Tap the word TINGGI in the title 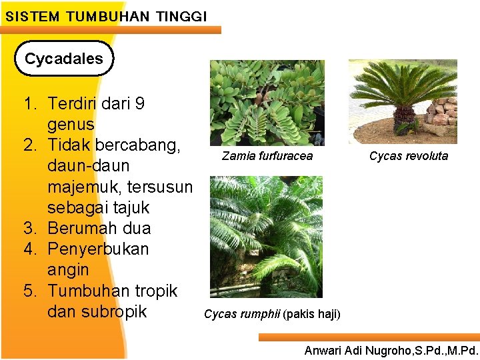pos(181,15)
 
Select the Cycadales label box pos(64,59)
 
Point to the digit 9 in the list pos(139,104)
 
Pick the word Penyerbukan pos(98,249)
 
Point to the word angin pos(68,270)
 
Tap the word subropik pos(113,311)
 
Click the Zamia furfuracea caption pos(267,156)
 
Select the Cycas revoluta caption pos(409,156)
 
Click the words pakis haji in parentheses pos(311,314)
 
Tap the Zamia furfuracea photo pos(267,103)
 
